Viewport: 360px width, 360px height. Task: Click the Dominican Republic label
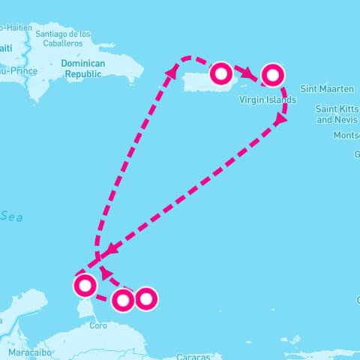tap(84, 68)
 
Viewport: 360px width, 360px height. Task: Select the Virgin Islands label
tap(267, 99)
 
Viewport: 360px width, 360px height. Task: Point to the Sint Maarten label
tap(326, 88)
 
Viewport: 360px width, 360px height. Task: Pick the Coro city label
tap(98, 325)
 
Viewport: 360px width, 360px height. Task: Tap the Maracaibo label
tap(29, 351)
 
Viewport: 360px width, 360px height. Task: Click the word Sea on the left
tap(11, 216)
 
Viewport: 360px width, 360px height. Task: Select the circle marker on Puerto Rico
tap(221, 73)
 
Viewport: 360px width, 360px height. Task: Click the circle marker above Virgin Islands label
tap(272, 73)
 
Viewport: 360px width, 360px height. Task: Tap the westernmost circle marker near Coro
tap(85, 284)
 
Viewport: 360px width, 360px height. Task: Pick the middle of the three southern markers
tap(122, 300)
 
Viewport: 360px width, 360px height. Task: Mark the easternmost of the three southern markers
tap(145, 298)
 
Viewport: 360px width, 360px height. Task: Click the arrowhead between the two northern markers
tap(247, 73)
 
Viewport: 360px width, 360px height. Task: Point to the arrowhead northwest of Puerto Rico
tap(173, 70)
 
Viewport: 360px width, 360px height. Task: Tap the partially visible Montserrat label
tap(346, 136)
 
